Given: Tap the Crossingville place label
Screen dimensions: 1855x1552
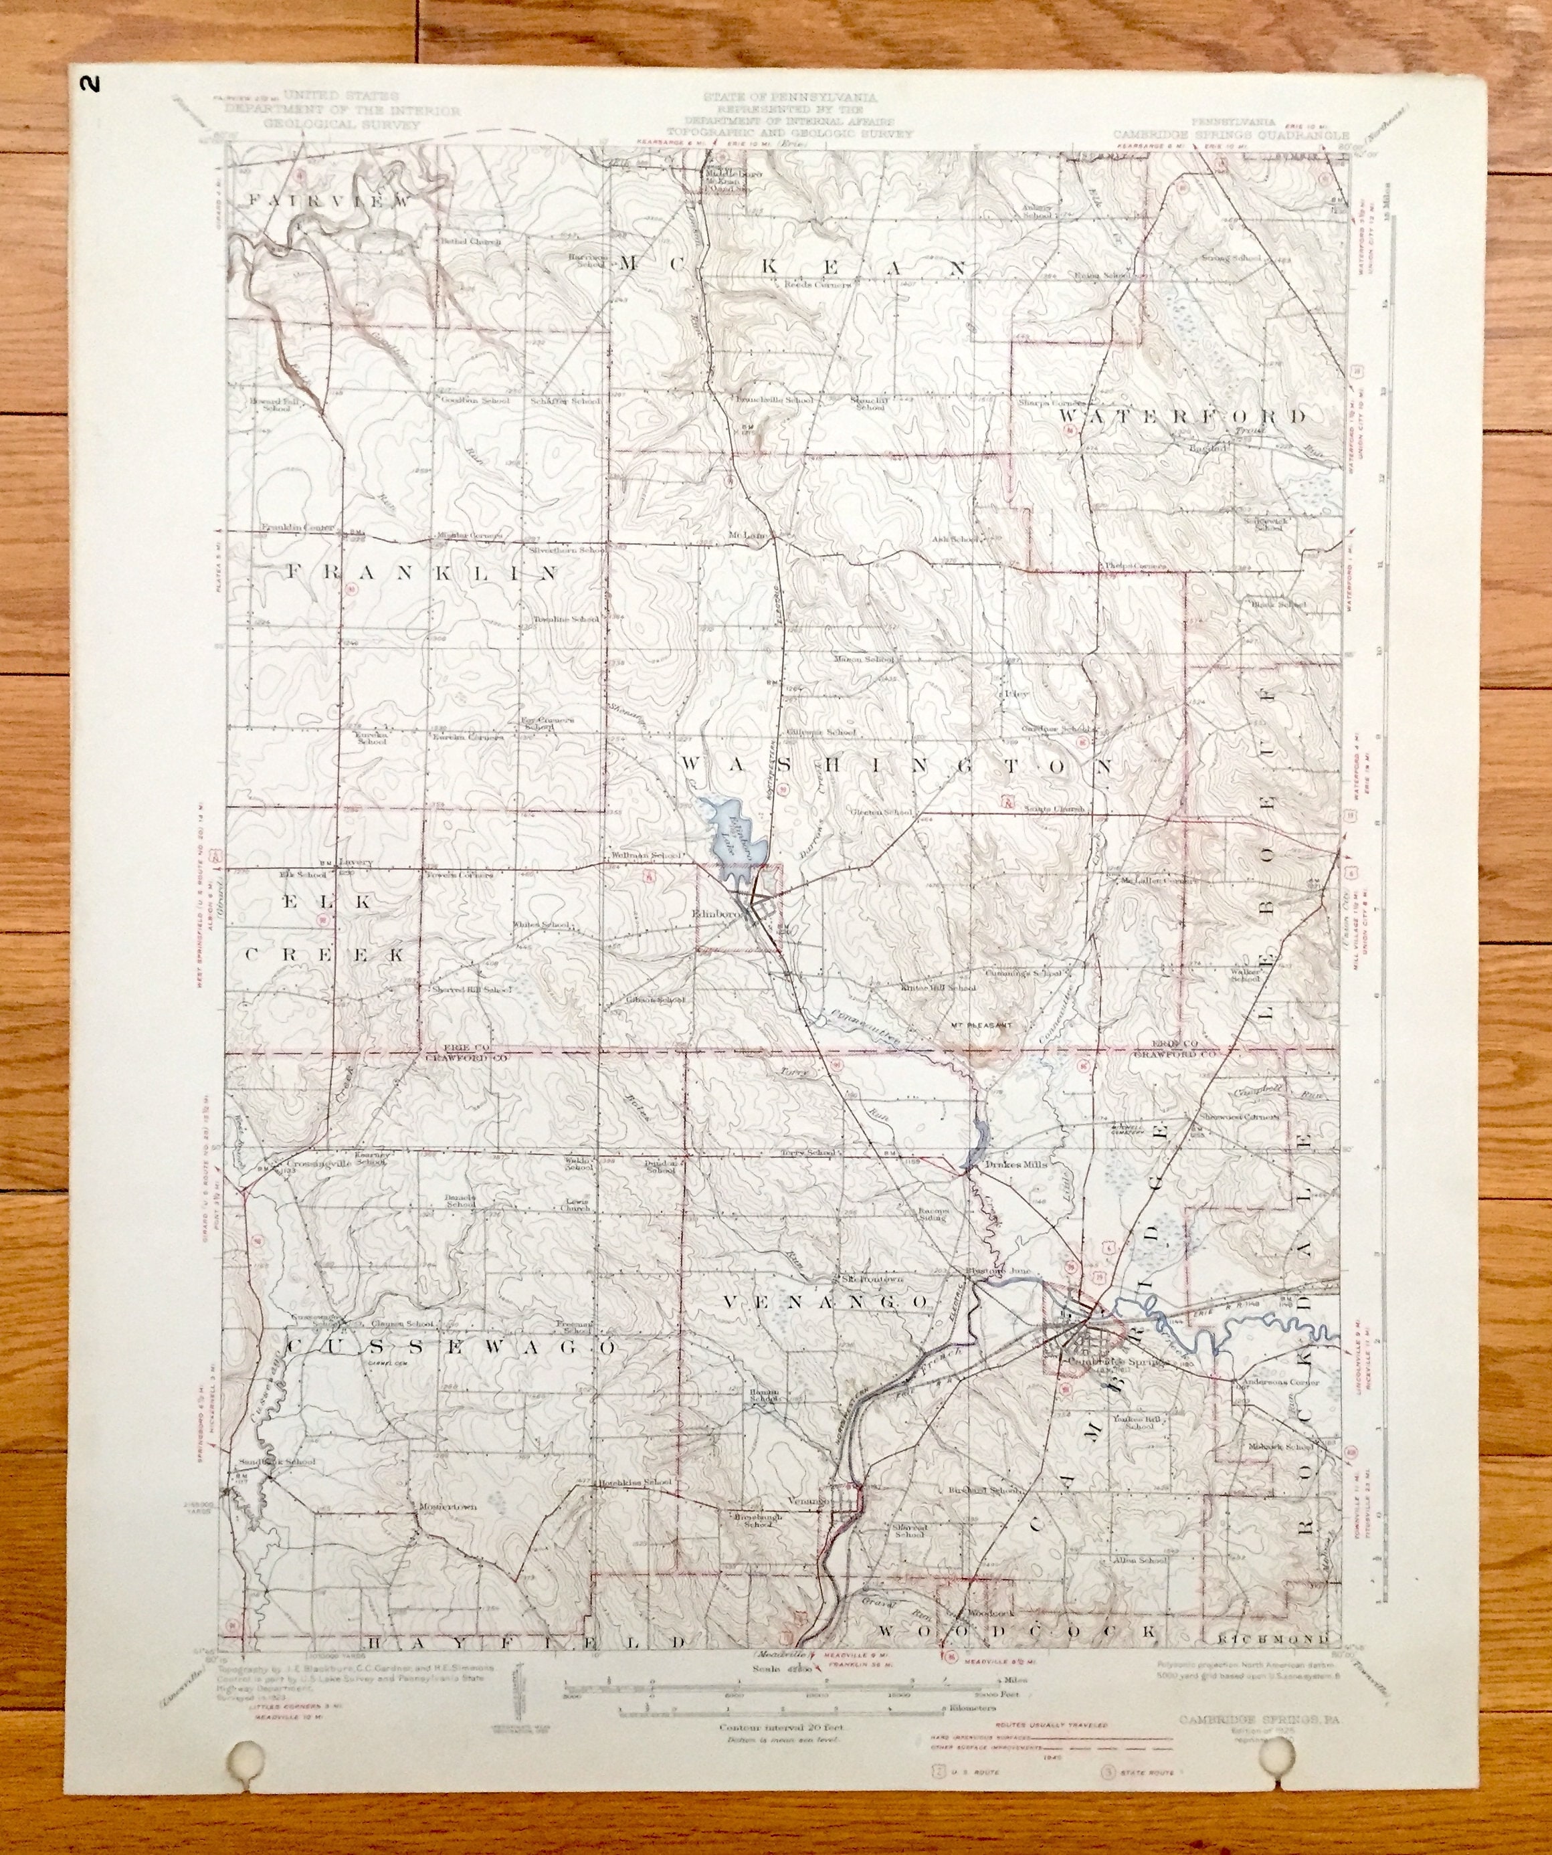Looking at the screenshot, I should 320,1164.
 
